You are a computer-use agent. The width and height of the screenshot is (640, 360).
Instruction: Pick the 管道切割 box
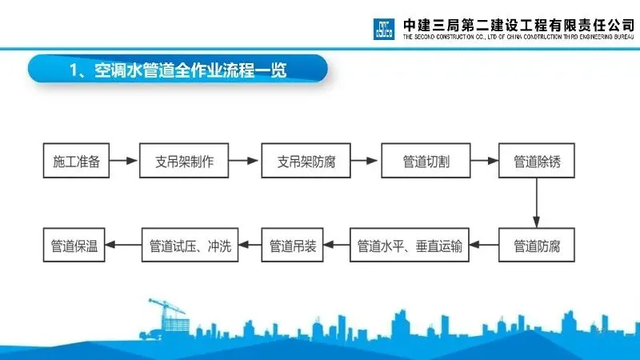[426, 162]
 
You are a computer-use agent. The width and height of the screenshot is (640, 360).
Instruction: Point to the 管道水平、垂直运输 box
[410, 246]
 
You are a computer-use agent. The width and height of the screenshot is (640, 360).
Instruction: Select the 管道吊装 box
[293, 246]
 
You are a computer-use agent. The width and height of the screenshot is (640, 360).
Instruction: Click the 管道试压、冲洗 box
[190, 246]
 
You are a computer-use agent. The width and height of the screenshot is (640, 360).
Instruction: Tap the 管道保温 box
[74, 246]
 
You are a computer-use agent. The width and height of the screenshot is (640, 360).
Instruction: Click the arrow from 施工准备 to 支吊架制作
[123, 162]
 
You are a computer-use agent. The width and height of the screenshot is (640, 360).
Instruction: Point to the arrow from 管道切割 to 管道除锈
[485, 162]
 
